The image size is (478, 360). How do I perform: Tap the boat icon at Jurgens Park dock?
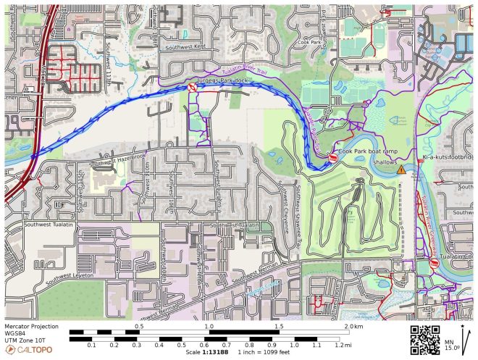pos(192,87)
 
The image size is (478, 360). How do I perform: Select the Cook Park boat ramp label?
pos(367,151)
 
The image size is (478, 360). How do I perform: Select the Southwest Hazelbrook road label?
pos(112,158)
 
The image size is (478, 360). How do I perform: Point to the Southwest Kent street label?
pos(185,47)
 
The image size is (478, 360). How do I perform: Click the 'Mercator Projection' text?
pos(33,326)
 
